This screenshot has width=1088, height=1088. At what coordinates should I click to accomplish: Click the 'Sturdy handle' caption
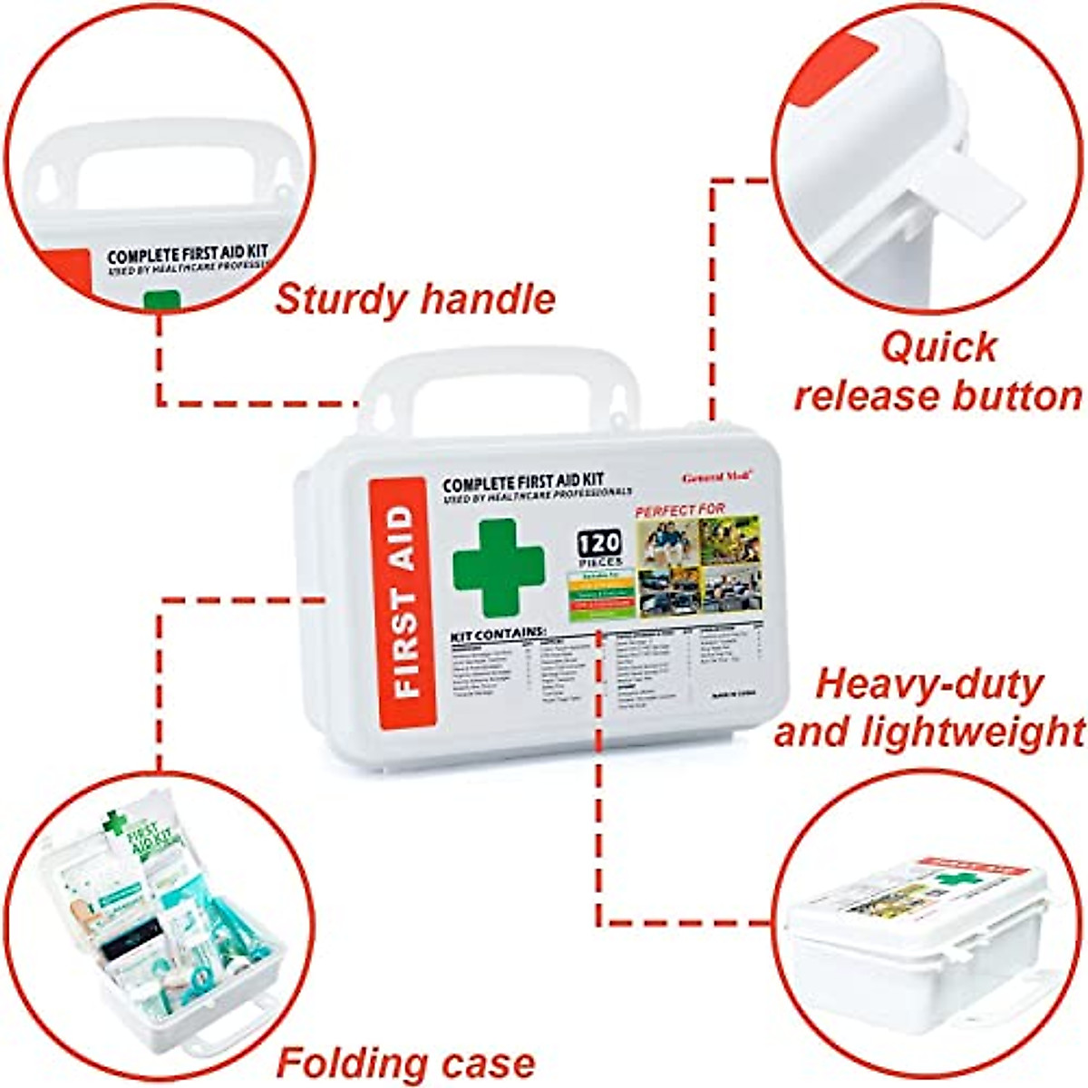(x=415, y=299)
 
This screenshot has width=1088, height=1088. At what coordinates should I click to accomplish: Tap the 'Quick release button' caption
(x=937, y=372)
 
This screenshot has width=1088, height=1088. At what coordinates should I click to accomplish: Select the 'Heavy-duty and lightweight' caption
(x=929, y=708)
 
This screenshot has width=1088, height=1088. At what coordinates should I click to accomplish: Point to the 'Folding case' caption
(x=405, y=1062)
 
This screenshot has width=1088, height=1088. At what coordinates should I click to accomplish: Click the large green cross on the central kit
(x=498, y=568)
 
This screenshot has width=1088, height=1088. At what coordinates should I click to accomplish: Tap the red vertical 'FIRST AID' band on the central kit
(x=403, y=602)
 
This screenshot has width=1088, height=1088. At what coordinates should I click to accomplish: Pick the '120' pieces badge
(x=600, y=544)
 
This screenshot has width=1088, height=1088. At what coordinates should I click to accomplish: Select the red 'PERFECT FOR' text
(x=680, y=510)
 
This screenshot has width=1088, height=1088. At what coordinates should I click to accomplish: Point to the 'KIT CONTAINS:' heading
(x=498, y=632)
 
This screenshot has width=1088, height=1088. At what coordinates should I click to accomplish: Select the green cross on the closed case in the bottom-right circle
(x=952, y=879)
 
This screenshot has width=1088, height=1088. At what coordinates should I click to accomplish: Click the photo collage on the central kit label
(x=699, y=564)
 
